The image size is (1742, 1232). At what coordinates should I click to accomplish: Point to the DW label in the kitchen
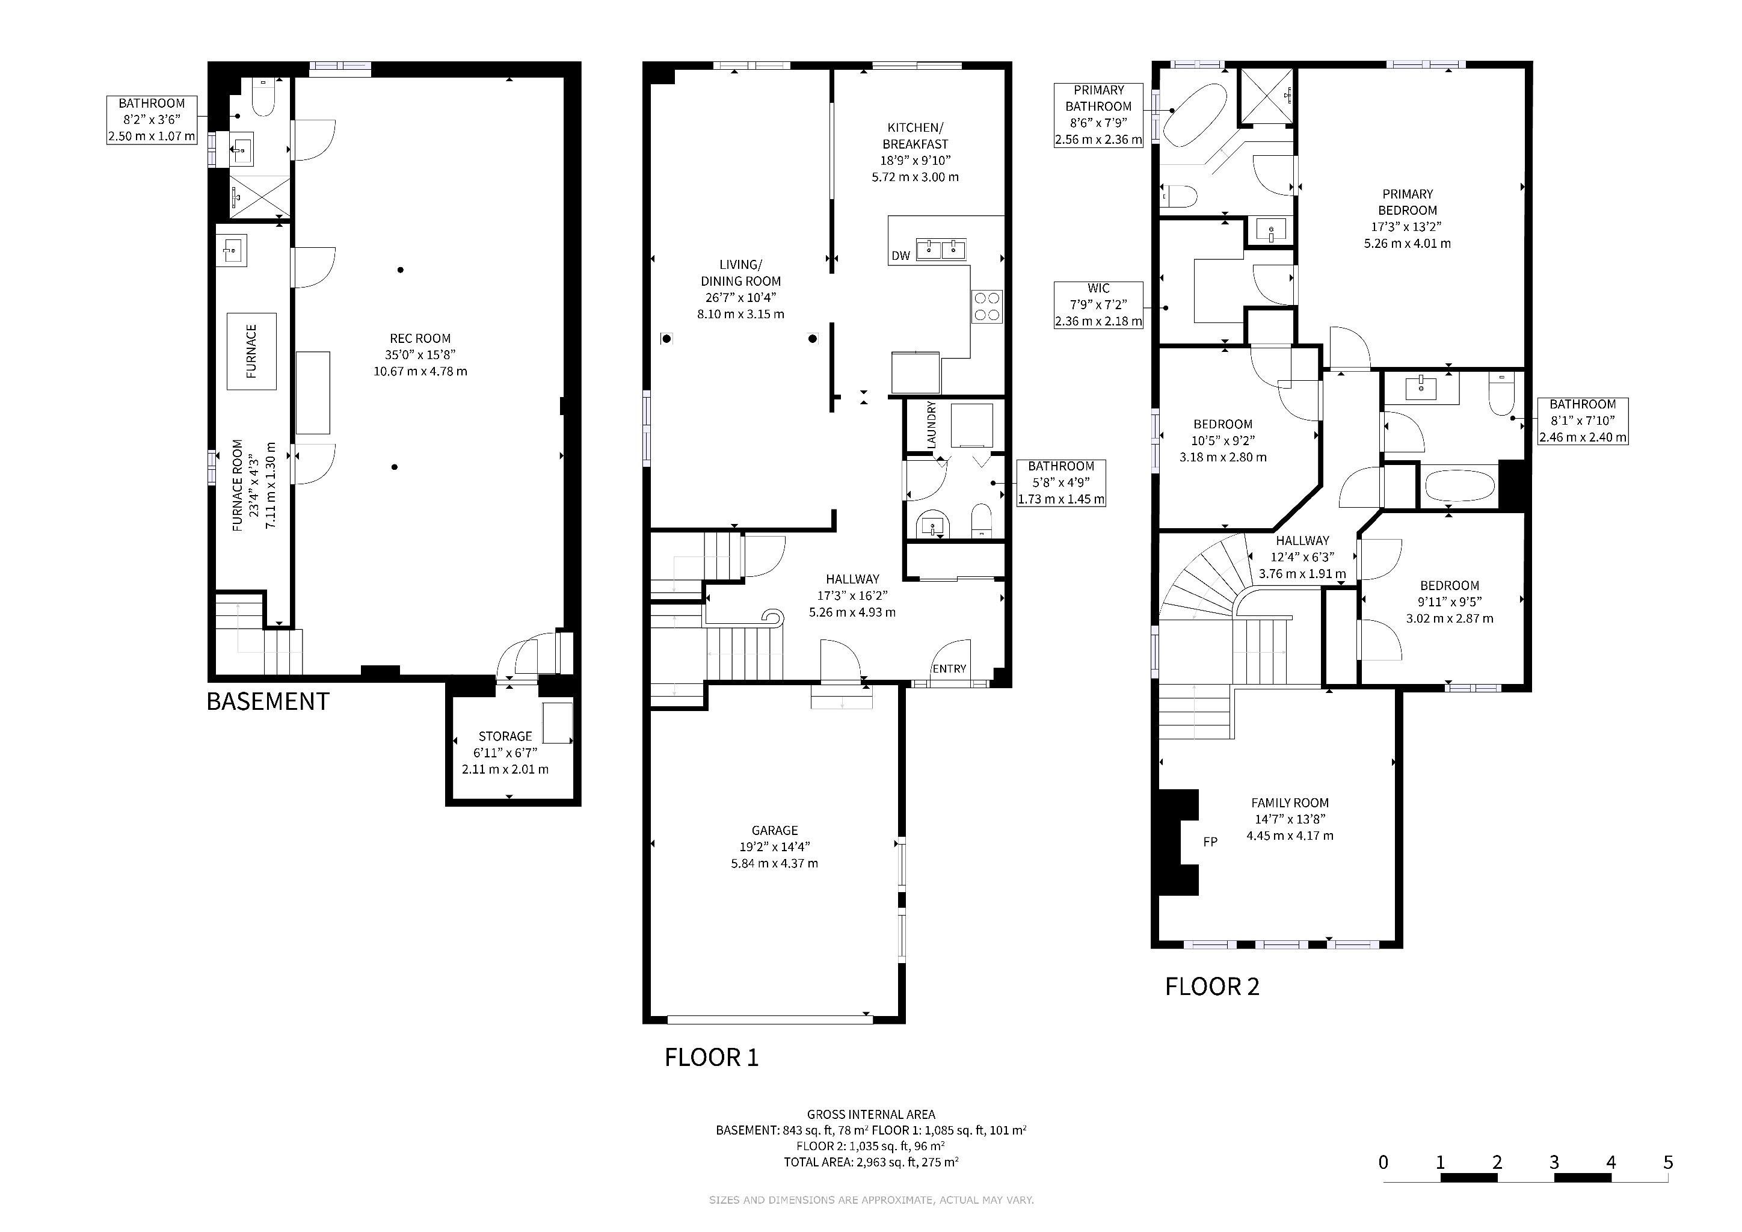(900, 256)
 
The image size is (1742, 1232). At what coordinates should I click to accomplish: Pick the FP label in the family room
(1210, 842)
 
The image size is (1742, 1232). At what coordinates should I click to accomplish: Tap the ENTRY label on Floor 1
(949, 668)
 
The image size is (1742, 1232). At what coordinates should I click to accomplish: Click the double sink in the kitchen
(941, 249)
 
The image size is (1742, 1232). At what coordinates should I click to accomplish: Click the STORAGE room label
(505, 736)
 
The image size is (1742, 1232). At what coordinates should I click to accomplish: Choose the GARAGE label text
(775, 831)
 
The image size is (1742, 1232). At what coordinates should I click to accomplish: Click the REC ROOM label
(420, 338)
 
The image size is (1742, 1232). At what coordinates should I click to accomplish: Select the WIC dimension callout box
(1098, 305)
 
